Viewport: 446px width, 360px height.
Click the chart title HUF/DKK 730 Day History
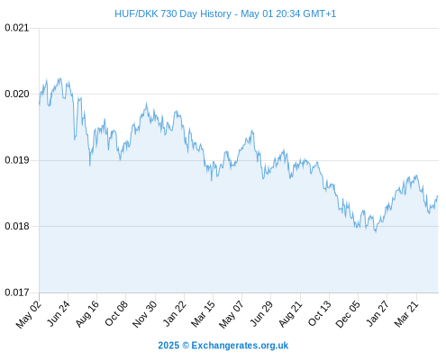coord(173,13)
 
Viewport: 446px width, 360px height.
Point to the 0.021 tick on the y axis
coord(17,28)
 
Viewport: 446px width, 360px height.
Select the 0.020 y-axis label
coord(17,94)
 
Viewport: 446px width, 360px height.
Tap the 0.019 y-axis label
coord(17,160)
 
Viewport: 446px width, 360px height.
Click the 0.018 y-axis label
coord(17,226)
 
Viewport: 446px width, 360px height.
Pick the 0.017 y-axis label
coord(17,292)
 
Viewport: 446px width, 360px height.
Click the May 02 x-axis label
coord(29,315)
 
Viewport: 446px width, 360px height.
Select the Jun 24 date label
coord(59,313)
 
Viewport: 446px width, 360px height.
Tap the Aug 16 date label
coord(87,314)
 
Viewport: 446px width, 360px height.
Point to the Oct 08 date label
coord(116,313)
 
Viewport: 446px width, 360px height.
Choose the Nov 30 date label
coord(145,314)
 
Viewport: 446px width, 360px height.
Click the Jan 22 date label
coord(175,313)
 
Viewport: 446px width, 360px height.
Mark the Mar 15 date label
coord(204,314)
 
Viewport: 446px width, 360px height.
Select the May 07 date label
coord(232,315)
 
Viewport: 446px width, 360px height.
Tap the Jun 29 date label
coord(261,313)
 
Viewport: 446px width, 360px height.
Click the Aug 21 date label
coord(290,314)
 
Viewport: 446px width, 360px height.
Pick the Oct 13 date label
coord(320,313)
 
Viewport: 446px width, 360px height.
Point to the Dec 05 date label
coord(348,314)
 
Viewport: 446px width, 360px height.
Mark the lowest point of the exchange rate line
coord(376,232)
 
